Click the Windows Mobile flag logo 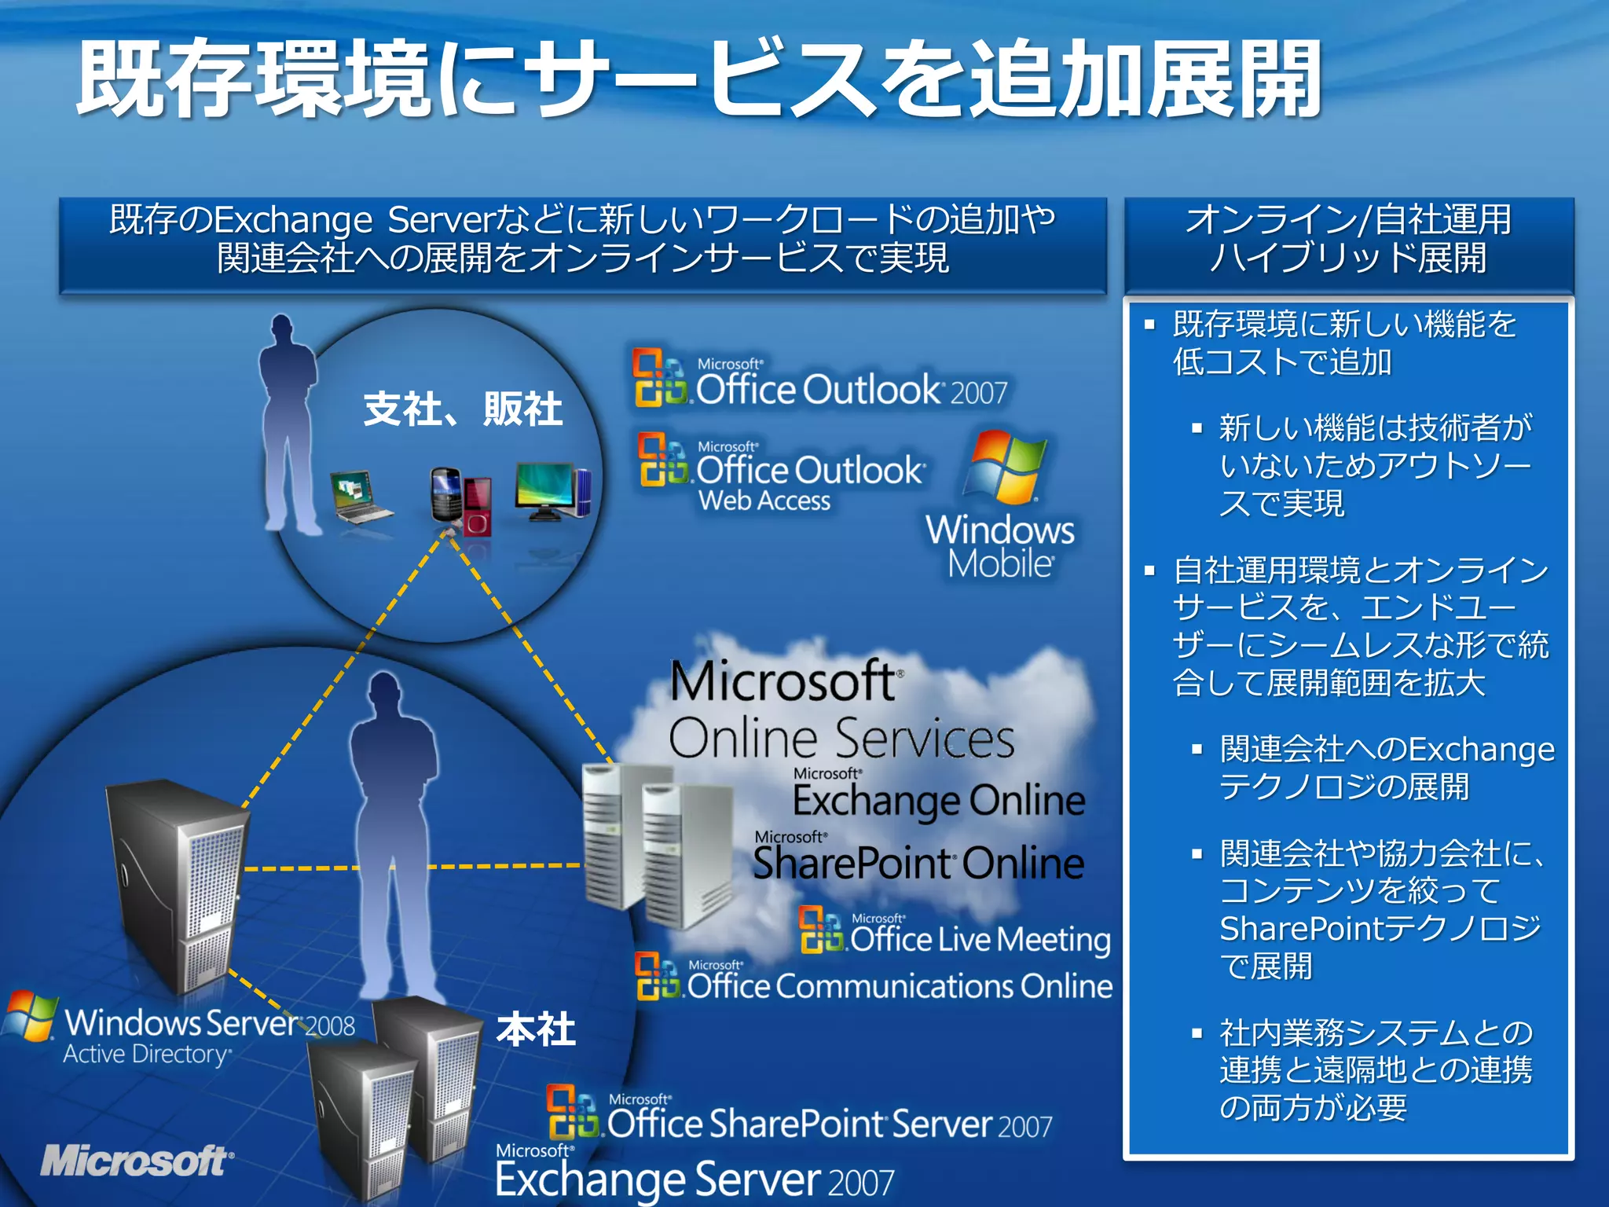(x=1005, y=467)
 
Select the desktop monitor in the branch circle (x=548, y=490)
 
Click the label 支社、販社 (x=463, y=409)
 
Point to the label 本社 (x=537, y=1029)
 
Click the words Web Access (x=764, y=501)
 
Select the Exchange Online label (x=939, y=800)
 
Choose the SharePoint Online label (x=918, y=862)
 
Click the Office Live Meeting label (x=979, y=939)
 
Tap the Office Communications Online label (x=899, y=986)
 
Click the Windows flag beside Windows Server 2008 (x=30, y=1016)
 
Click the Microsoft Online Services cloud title (x=841, y=710)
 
